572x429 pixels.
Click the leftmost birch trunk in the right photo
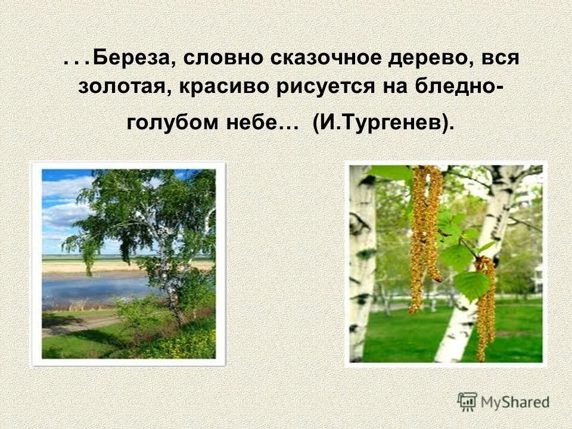[x=361, y=262]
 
